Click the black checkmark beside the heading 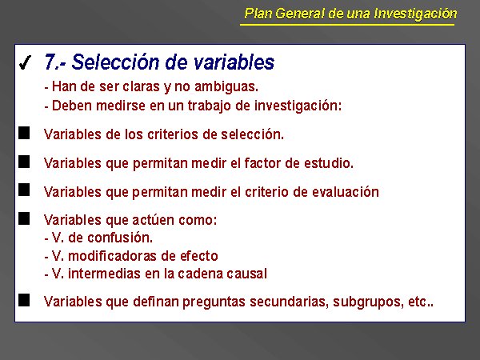(25, 62)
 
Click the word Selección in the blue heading (115, 62)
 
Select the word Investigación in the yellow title (415, 14)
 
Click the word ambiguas (226, 86)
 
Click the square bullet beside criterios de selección (24, 133)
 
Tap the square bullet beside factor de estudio (24, 162)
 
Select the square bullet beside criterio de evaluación (24, 190)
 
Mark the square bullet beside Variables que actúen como (24, 219)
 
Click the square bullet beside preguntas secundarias (24, 300)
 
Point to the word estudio (329, 163)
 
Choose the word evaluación (346, 192)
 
